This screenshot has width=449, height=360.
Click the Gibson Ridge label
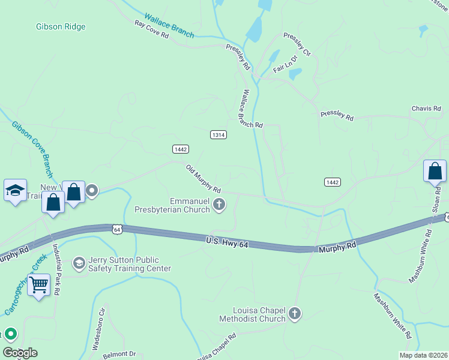point(61,26)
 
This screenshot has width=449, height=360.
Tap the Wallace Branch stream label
point(169,24)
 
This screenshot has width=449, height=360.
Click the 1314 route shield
point(218,135)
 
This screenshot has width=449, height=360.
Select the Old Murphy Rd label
point(203,179)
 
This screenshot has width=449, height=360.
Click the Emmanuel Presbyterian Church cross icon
point(220,205)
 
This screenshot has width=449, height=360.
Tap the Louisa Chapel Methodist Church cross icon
point(295,313)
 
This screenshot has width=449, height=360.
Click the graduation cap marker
point(15,191)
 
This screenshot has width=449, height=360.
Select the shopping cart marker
point(39,285)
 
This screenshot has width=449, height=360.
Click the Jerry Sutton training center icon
point(79,263)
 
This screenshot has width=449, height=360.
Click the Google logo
point(20,353)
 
